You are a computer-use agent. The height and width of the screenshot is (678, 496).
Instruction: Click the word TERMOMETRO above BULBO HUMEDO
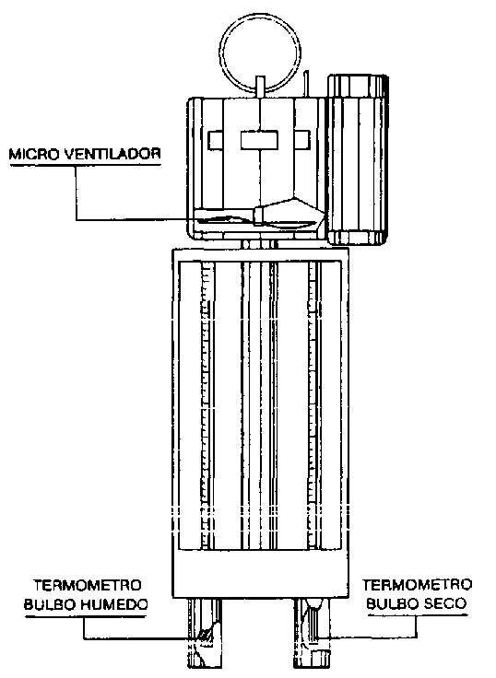point(88,586)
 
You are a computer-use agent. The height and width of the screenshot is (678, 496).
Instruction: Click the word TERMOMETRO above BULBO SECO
point(418,585)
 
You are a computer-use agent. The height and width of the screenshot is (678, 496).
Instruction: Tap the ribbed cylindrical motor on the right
point(358,159)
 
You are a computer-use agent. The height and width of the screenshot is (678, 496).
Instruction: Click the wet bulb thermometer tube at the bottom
point(205,634)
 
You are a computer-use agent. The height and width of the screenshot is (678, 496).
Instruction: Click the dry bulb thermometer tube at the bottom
point(312,634)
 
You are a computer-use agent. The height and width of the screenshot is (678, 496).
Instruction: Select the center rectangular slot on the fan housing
point(259,140)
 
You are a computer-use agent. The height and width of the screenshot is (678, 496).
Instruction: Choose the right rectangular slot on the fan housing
point(302,140)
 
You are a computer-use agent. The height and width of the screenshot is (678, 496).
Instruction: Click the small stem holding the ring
point(260,88)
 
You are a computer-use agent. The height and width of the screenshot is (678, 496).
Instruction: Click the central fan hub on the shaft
point(260,216)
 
